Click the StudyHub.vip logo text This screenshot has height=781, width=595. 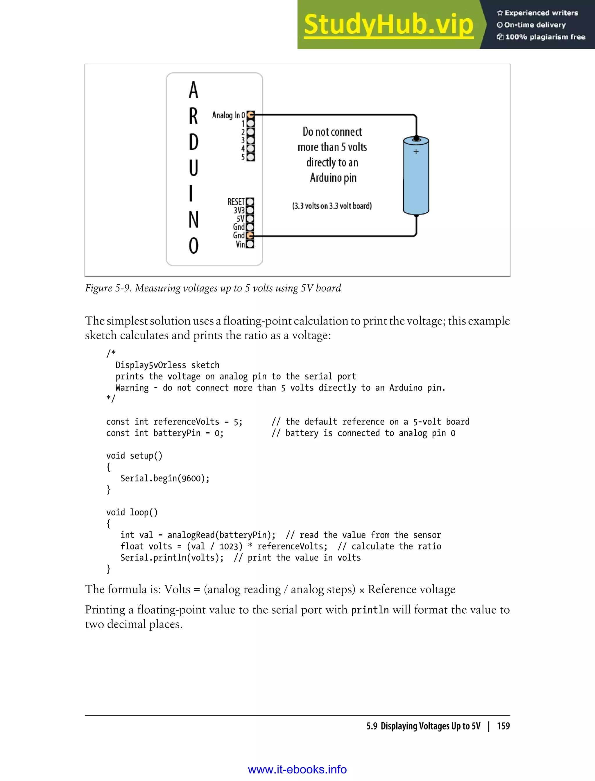click(388, 25)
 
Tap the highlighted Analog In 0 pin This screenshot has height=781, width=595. click(250, 115)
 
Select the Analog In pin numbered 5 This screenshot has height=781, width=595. click(250, 157)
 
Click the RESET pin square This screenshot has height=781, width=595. click(250, 202)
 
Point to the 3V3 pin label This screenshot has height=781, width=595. click(239, 210)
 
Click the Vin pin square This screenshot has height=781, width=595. click(250, 244)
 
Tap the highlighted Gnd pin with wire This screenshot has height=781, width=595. click(250, 236)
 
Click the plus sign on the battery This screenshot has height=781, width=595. click(416, 151)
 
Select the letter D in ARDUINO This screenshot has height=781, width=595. click(193, 142)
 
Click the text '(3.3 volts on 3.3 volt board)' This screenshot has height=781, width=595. click(332, 206)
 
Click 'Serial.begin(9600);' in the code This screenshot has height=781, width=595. click(165, 478)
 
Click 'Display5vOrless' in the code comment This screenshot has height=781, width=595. click(150, 365)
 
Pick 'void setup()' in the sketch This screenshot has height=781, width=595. click(134, 456)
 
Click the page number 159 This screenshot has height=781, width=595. click(503, 726)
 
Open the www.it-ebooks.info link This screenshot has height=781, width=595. click(297, 769)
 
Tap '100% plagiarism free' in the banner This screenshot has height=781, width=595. click(544, 37)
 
